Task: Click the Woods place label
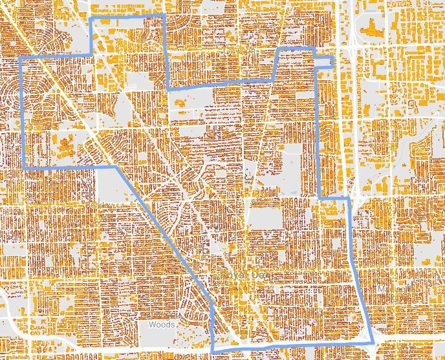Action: [x=162, y=325]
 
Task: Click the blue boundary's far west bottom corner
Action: [x=25, y=168]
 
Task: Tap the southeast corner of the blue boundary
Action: [x=374, y=343]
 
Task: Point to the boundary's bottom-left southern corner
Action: [x=213, y=351]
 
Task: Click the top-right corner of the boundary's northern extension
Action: [x=164, y=16]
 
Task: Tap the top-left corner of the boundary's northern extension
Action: [x=91, y=19]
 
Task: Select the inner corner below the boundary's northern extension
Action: [x=168, y=88]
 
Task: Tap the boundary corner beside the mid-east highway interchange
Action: [x=349, y=198]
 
